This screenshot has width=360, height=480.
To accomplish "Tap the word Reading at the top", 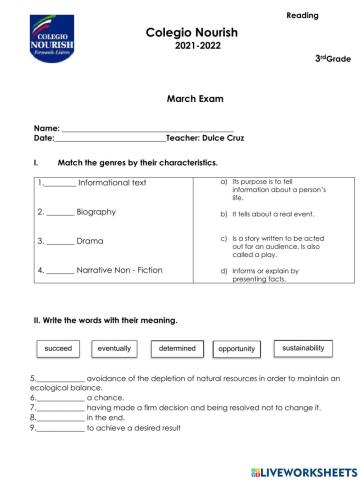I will pos(303,16).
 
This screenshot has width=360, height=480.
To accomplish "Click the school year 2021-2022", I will pos(180,47).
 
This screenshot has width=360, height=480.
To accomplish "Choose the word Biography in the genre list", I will pos(96,213).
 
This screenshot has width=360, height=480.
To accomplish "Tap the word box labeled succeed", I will pos(60,349).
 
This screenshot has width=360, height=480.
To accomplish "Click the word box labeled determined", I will pos(177,349).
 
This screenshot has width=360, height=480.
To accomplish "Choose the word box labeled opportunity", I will pos(237,349).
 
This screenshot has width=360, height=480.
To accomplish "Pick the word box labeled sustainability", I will pos(304,349).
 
